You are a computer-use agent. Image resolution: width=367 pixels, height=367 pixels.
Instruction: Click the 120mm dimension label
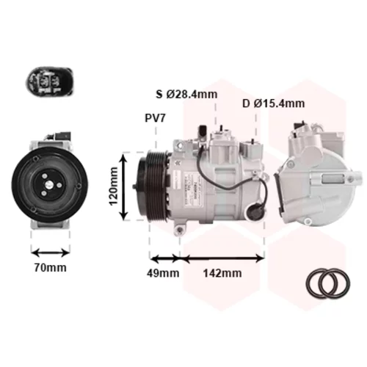click(x=113, y=186)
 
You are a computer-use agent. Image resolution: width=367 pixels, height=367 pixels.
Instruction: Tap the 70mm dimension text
click(x=51, y=268)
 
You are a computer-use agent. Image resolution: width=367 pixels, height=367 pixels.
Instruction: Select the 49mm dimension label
click(x=163, y=273)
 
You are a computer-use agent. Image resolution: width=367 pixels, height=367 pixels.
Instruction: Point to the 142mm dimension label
click(x=222, y=273)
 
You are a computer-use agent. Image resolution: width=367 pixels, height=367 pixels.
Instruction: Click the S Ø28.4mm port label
click(x=186, y=94)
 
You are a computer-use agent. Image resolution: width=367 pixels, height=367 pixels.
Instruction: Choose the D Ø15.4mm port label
click(x=273, y=103)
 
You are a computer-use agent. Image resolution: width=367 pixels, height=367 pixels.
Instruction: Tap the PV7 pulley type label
click(x=156, y=118)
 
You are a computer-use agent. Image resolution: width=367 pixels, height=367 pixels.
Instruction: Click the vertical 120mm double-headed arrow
click(x=124, y=186)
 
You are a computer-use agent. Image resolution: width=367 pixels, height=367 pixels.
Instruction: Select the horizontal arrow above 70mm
click(x=51, y=252)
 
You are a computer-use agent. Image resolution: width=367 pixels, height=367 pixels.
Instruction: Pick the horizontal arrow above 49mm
click(x=164, y=258)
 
